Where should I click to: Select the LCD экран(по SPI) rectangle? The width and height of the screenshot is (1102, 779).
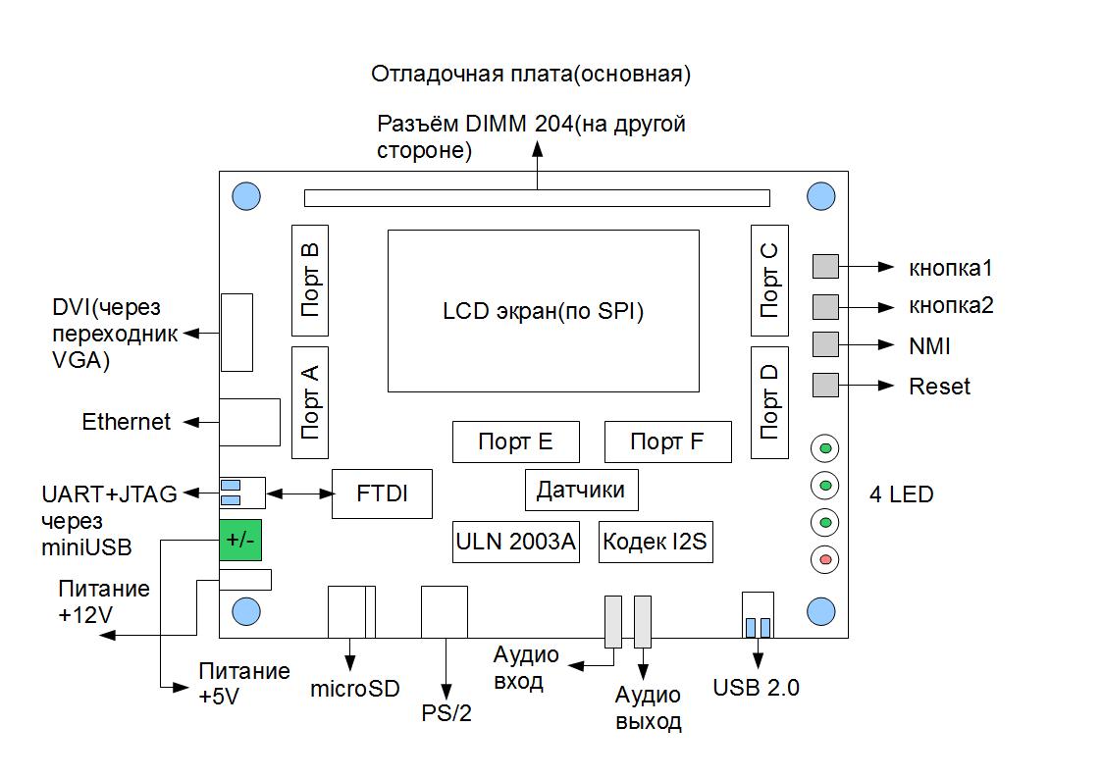point(543,311)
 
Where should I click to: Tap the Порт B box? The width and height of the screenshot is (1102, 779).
point(310,279)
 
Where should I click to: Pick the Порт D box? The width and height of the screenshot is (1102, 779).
point(769,401)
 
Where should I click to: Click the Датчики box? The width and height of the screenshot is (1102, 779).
point(581,490)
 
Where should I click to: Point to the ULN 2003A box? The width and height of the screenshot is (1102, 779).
point(516,542)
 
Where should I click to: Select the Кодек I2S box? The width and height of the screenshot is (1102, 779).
point(655,542)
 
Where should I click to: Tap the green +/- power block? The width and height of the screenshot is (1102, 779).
point(240,539)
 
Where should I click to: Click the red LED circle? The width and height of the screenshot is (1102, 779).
point(825,560)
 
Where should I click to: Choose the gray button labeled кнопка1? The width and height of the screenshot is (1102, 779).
point(825,267)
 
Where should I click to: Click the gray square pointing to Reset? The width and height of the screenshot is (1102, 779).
point(825,385)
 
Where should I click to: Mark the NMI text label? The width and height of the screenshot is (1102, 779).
point(929,346)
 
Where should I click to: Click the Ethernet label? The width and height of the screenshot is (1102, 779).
point(127,423)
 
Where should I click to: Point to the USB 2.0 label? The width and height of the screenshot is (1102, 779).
point(757,688)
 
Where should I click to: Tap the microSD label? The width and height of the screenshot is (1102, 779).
point(355,689)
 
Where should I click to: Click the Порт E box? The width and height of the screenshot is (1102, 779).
point(515,442)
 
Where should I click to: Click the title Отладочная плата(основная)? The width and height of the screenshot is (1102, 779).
point(532,75)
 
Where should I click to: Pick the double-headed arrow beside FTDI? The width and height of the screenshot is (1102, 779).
point(301,493)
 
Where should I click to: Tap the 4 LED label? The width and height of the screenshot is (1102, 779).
point(901,494)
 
